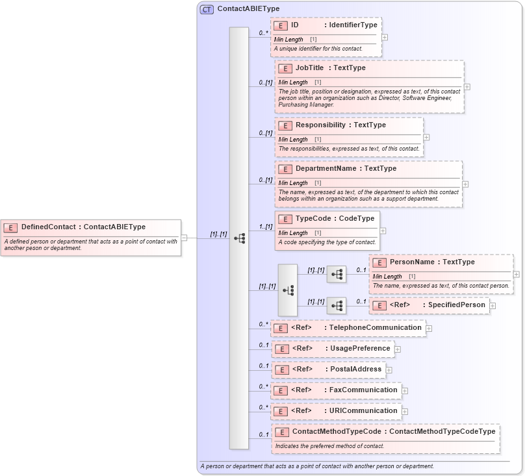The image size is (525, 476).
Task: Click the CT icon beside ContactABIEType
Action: [x=207, y=10]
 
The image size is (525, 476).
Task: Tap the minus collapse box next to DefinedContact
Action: [x=184, y=238]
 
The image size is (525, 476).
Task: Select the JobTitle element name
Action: [x=309, y=68]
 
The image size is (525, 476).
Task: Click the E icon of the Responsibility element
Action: [x=285, y=125]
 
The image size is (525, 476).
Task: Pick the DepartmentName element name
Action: [x=326, y=168]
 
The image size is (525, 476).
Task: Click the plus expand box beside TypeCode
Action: [x=383, y=231]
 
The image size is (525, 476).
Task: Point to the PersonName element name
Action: [x=413, y=262]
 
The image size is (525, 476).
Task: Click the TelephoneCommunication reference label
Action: [x=375, y=327]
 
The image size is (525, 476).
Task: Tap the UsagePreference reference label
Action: [x=360, y=348]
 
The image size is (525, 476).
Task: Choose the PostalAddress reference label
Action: [x=355, y=369]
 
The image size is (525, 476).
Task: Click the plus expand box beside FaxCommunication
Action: [x=405, y=391]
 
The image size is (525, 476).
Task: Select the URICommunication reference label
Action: [x=363, y=410]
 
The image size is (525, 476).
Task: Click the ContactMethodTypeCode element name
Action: [x=337, y=431]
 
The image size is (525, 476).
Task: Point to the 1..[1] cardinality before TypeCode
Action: [x=265, y=227]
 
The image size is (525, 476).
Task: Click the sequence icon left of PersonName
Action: [x=337, y=275]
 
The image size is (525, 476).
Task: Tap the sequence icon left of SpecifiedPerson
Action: [x=337, y=306]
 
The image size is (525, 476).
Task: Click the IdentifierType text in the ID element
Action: [x=353, y=25]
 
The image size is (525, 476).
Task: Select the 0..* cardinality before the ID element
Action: [x=263, y=32]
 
